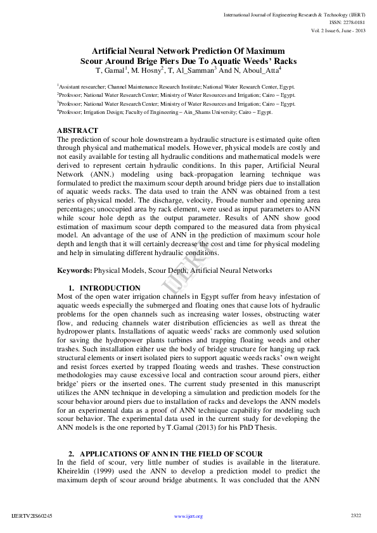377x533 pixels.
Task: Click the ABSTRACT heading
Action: click(77, 130)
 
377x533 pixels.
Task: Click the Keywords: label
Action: click(75, 270)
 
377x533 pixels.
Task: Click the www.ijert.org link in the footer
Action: click(188, 517)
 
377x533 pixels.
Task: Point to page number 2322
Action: click(355, 516)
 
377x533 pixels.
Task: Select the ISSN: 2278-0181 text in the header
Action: click(347, 22)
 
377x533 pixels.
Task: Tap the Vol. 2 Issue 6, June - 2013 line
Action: click(337, 30)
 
